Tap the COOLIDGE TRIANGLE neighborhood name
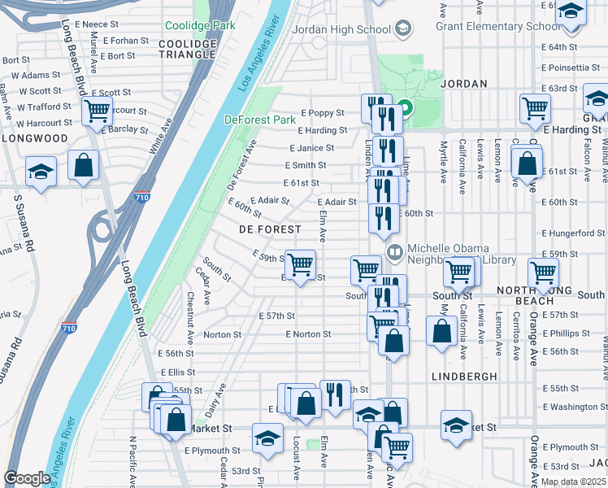coord(188,49)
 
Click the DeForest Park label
coord(260,120)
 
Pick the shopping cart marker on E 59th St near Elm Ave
coord(301,264)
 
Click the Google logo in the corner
coord(27,478)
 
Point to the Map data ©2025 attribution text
coord(572,481)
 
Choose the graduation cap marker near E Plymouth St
coord(267,439)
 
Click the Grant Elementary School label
coord(497,26)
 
